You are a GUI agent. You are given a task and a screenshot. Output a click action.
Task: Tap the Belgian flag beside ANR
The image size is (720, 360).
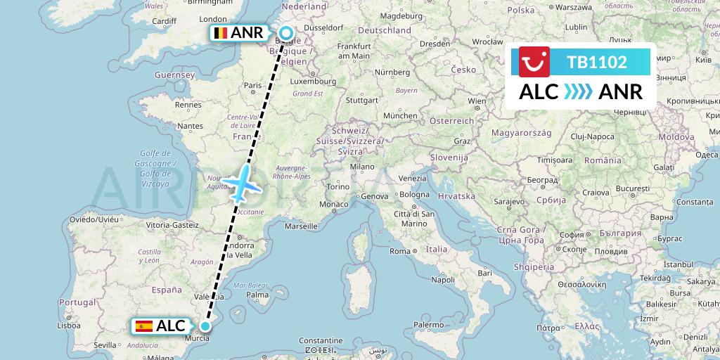coord(221,33)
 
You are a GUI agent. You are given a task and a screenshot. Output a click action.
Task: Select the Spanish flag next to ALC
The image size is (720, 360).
coord(144,326)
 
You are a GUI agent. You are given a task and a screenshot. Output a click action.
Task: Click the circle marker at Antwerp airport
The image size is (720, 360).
coord(287,32)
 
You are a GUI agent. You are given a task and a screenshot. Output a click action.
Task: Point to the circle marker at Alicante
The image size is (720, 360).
coord(205,326)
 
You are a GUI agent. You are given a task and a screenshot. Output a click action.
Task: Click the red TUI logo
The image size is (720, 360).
coord(534,61)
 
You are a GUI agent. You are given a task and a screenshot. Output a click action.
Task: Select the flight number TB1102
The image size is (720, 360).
coord(597,62)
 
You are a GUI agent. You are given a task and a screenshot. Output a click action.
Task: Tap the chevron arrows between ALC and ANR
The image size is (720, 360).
coord(578,92)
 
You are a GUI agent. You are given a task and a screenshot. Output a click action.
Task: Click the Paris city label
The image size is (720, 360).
coord(252,85)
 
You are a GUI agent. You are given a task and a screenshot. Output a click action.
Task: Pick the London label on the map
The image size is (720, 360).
coord(213,20)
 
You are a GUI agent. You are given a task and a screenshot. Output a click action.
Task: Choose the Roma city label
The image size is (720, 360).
coord(399,251)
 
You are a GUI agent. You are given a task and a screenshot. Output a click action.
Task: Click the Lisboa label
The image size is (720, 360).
coord(70,326)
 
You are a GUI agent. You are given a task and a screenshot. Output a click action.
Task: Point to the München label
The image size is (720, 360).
coord(400,115)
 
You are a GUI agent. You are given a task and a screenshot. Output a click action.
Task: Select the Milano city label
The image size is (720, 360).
coord(363,167)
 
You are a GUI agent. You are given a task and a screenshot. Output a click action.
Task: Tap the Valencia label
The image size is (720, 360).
coord(210,296)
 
